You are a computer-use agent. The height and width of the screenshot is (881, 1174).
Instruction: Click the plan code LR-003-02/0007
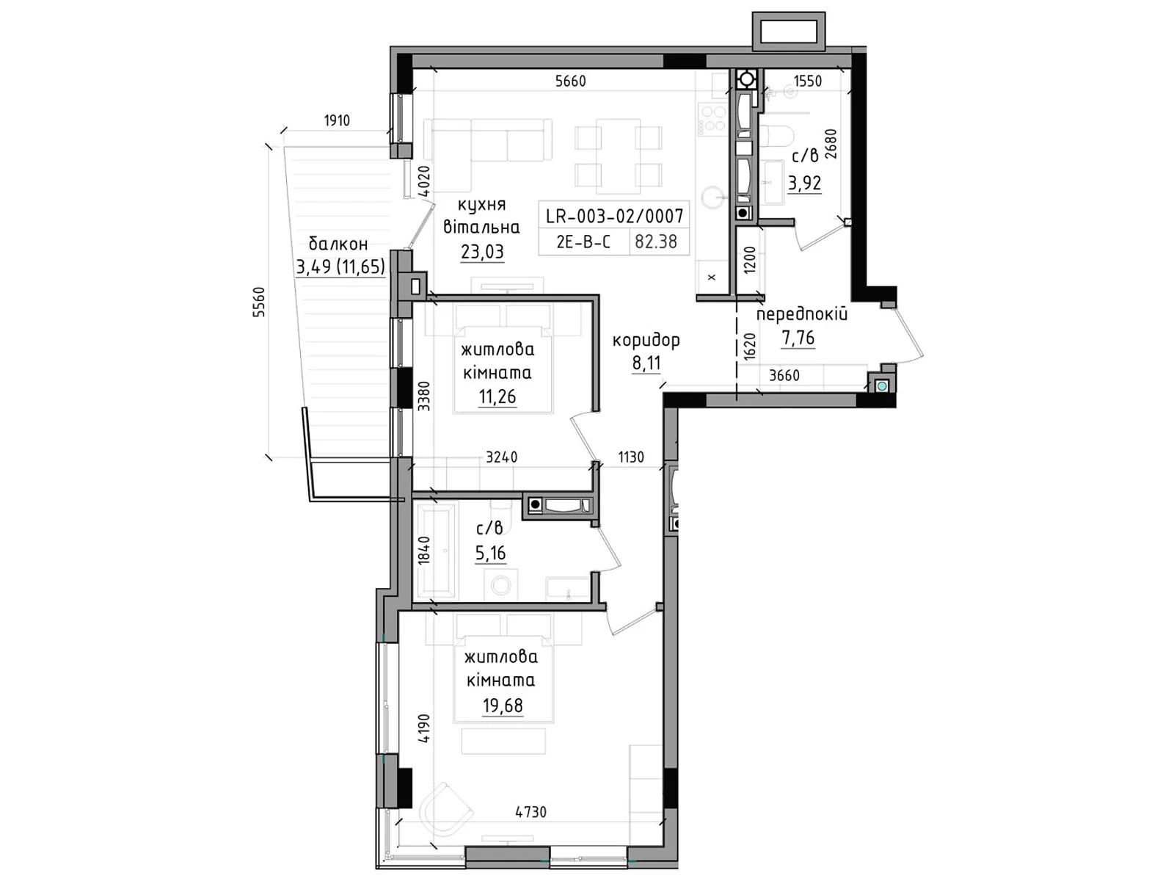tap(614, 216)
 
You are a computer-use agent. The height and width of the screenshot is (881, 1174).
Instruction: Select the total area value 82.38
tap(656, 242)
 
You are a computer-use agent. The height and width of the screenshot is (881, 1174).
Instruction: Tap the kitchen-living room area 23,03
tap(482, 251)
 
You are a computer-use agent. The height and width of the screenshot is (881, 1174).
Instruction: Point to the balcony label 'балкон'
tap(338, 244)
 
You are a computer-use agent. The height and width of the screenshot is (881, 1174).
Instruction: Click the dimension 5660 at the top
tap(570, 81)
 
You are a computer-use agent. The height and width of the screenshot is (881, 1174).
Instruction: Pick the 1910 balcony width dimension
tap(337, 120)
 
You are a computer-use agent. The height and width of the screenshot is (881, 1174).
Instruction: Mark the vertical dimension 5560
tap(259, 302)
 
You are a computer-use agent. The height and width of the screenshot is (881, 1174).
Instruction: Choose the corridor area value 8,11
tap(646, 363)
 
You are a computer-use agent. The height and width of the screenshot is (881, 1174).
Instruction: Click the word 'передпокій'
tap(802, 314)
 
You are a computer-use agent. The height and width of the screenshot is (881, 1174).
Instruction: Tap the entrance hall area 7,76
tap(798, 338)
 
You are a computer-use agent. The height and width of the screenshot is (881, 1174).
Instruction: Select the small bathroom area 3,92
tap(804, 183)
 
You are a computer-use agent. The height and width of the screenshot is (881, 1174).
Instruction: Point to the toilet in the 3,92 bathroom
tap(774, 137)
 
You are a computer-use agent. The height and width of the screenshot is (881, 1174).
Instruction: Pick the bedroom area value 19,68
tap(503, 706)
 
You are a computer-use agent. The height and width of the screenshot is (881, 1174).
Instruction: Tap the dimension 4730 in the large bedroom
tap(531, 812)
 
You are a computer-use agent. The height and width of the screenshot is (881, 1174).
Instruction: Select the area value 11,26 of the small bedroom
tap(497, 397)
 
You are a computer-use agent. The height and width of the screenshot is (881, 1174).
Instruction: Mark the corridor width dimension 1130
tap(631, 457)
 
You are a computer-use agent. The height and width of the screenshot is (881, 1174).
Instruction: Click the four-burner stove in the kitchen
tap(712, 119)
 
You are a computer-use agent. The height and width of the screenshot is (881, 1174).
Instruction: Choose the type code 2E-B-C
tap(583, 242)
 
